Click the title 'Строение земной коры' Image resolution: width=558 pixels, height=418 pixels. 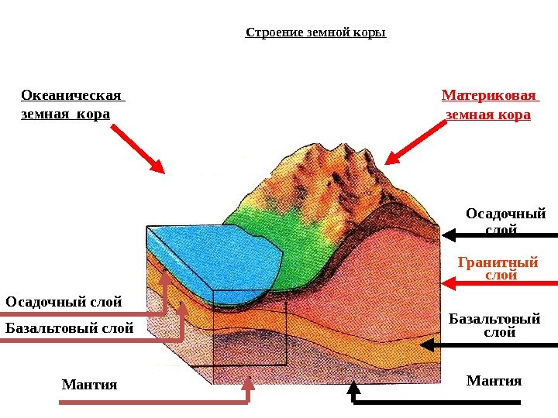[315, 33]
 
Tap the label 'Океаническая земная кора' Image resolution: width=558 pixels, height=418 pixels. [72, 105]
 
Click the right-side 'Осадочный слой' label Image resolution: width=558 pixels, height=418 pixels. [505, 220]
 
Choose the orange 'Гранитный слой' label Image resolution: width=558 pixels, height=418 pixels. [498, 269]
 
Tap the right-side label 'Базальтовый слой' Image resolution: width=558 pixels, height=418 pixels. [494, 325]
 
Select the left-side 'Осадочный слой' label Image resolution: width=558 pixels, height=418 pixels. [64, 301]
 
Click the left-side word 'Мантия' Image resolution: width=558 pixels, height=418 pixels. [89, 384]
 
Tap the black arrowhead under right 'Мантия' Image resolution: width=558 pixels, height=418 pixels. [353, 386]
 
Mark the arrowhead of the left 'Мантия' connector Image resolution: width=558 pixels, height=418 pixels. [247, 382]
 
